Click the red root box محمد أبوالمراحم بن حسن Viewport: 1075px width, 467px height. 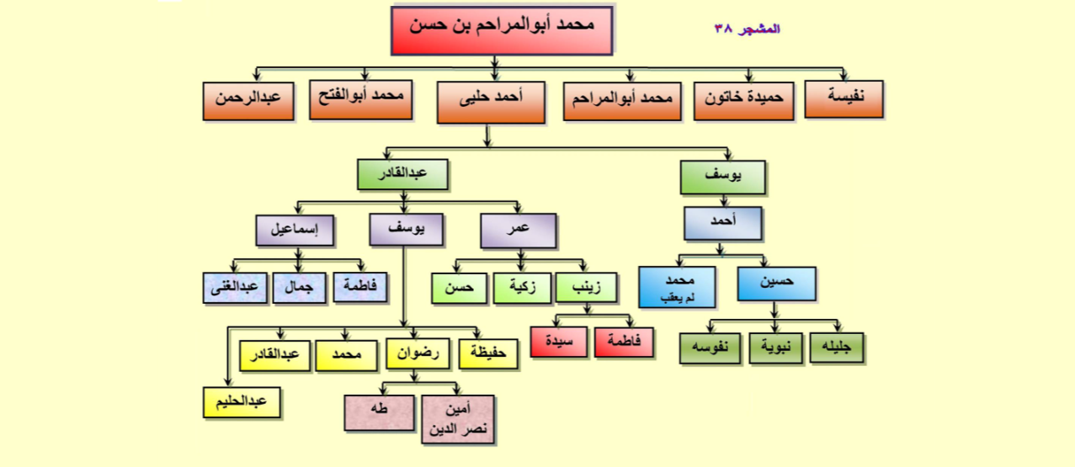pyautogui.click(x=502, y=30)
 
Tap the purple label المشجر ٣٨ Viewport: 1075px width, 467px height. pyautogui.click(x=748, y=29)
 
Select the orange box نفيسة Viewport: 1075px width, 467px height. pyautogui.click(x=844, y=98)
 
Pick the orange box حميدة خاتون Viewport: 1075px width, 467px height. pyautogui.click(x=743, y=101)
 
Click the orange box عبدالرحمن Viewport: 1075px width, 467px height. pyautogui.click(x=248, y=101)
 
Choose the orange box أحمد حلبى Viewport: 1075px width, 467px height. pyautogui.click(x=491, y=102)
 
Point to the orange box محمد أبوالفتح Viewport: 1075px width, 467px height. pyautogui.click(x=361, y=99)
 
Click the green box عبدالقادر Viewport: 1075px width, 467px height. pyautogui.click(x=402, y=174)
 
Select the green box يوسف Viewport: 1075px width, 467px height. pyautogui.click(x=723, y=178)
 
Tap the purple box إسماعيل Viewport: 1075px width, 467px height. pyautogui.click(x=295, y=231)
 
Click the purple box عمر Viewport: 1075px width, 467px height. pyautogui.click(x=519, y=231)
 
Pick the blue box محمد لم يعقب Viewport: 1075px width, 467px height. pyautogui.click(x=677, y=287)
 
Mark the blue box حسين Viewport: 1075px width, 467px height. pyautogui.click(x=776, y=284)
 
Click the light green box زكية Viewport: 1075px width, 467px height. pyautogui.click(x=522, y=288)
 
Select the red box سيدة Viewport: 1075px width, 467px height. pyautogui.click(x=559, y=342)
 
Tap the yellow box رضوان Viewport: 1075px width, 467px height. pyautogui.click(x=418, y=354)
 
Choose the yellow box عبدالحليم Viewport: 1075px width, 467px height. pyautogui.click(x=242, y=402)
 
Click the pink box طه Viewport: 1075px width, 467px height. pyautogui.click(x=379, y=412)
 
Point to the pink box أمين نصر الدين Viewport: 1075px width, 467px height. pyautogui.click(x=458, y=419)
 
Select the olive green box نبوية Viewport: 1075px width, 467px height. pyautogui.click(x=775, y=348)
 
